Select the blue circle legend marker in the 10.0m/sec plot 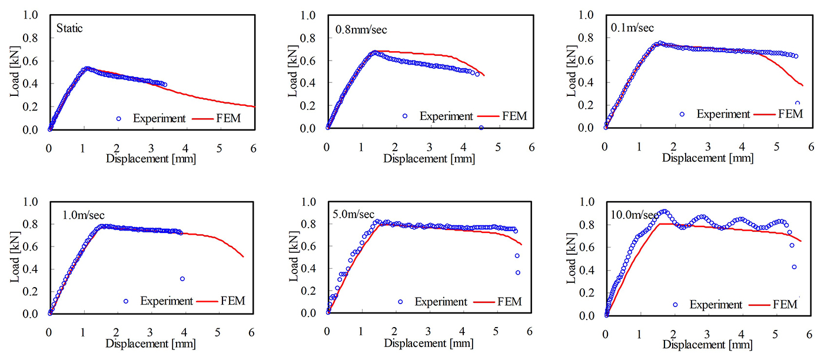click(x=675, y=305)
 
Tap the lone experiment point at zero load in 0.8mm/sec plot click(x=481, y=128)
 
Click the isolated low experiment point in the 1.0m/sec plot click(x=182, y=279)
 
